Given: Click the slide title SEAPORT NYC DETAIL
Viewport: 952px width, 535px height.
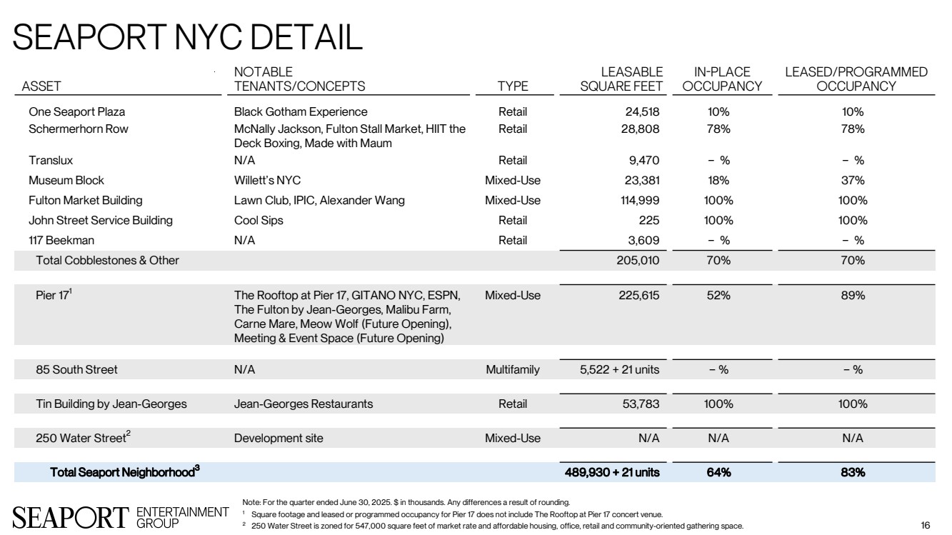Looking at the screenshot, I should point(188,37).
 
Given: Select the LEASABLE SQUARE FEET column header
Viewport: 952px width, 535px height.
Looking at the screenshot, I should point(621,79).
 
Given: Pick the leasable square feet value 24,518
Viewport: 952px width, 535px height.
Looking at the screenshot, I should point(639,112).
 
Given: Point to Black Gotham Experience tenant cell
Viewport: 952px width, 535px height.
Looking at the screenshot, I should point(301,112).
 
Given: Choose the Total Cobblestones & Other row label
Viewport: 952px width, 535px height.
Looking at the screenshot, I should point(107,261).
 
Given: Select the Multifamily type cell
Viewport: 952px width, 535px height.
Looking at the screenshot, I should point(512,370).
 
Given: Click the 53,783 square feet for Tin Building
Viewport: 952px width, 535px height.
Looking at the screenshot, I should point(638,404).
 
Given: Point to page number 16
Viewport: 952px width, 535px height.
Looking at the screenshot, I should point(926,526).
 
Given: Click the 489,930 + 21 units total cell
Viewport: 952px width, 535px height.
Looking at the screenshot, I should point(612,472).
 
